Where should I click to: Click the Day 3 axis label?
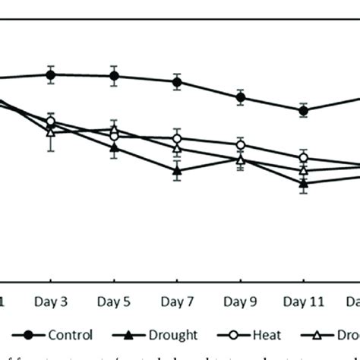click(50, 302)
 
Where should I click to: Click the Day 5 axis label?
click(114, 302)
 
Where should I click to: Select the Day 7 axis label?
click(177, 302)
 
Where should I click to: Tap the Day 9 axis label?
click(240, 302)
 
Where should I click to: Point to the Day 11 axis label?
click(304, 302)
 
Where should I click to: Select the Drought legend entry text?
click(172, 335)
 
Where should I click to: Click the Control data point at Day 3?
click(51, 74)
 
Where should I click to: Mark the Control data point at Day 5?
click(114, 76)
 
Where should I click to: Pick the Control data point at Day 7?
click(177, 82)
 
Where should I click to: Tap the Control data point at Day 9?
click(240, 97)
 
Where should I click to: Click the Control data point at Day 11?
click(304, 110)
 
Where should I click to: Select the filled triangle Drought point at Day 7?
click(177, 171)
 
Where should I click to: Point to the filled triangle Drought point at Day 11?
click(304, 183)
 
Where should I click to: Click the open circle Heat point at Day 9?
click(240, 145)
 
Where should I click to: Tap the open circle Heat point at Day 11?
click(304, 158)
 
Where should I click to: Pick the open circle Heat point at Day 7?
click(177, 139)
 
